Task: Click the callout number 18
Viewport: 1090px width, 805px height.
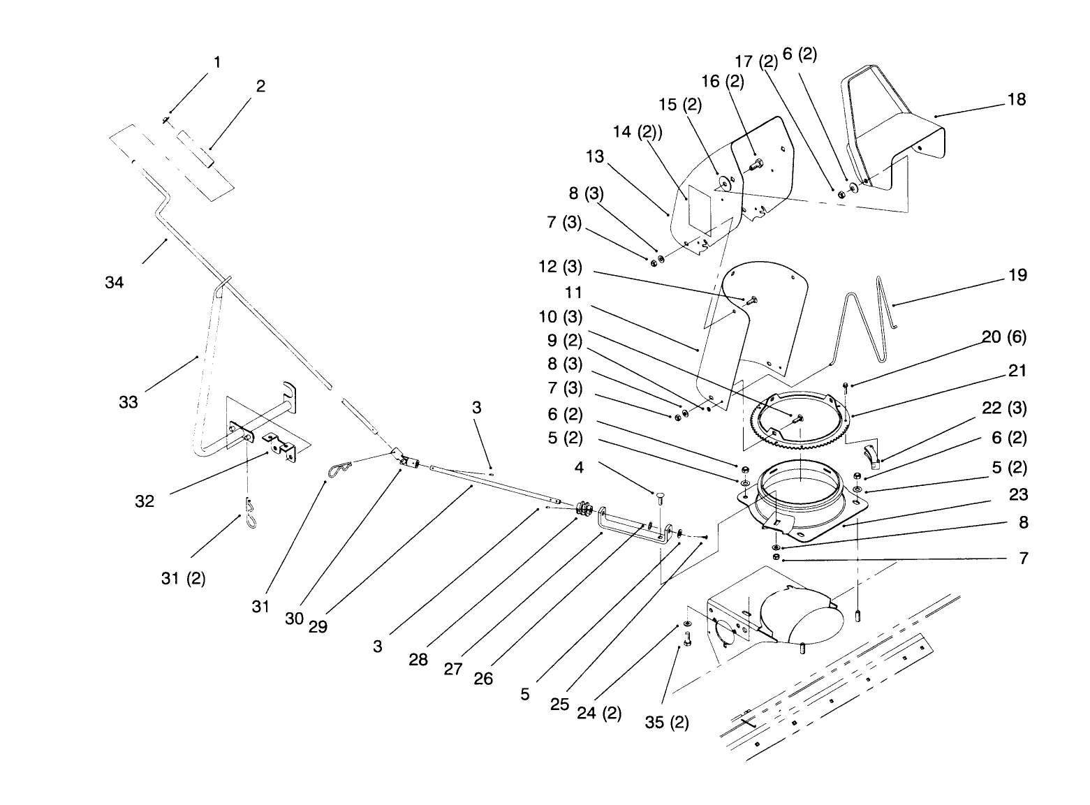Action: point(1017,99)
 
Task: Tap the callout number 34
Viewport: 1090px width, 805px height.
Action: point(115,282)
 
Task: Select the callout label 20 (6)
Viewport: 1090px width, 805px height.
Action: point(1004,337)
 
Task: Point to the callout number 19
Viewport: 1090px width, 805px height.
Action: point(1018,275)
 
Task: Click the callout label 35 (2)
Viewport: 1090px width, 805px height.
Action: point(667,722)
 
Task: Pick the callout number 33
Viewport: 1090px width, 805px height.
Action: point(128,402)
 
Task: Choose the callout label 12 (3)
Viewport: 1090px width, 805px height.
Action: point(560,268)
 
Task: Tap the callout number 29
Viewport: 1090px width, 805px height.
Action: point(318,626)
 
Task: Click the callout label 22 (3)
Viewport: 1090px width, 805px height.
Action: point(1004,408)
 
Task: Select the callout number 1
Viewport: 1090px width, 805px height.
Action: point(217,62)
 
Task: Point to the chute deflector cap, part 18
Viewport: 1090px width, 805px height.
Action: point(894,133)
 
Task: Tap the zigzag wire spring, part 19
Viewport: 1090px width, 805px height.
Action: point(862,321)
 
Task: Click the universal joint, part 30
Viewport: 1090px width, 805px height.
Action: point(405,457)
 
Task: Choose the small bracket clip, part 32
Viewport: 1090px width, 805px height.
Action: point(279,447)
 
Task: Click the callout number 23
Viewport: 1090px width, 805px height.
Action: point(1019,495)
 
